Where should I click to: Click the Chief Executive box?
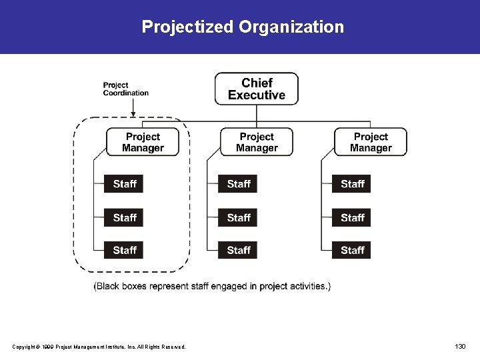tap(257, 89)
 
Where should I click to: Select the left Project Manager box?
tap(143, 142)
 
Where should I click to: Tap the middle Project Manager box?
tap(257, 142)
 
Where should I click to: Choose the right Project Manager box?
tap(371, 142)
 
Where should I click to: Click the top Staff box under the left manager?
tap(124, 184)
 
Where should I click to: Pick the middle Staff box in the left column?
tap(124, 217)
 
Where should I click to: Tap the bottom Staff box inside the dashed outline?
tap(124, 250)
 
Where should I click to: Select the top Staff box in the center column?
tap(238, 184)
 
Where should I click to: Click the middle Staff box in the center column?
tap(238, 217)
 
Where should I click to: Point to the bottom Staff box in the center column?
tap(238, 250)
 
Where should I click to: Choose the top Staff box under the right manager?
tap(352, 184)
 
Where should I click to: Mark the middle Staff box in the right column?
tap(352, 217)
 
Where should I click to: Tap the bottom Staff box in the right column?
tap(352, 250)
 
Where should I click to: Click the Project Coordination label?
tap(125, 89)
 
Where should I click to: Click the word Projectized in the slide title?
tap(187, 27)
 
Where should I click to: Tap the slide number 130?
tap(460, 346)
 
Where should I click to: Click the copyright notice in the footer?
tap(99, 347)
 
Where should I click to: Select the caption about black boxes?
tap(212, 287)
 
